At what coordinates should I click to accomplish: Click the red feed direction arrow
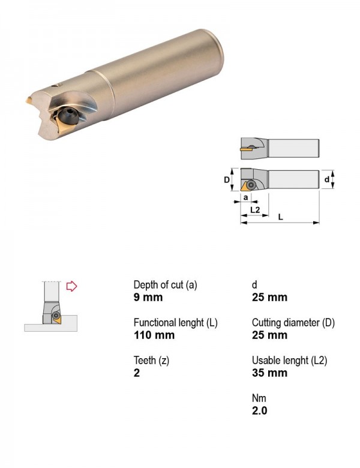(71, 286)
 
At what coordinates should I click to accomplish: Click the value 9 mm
(148, 298)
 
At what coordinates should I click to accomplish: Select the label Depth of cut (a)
(166, 285)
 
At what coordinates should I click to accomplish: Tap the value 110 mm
(154, 335)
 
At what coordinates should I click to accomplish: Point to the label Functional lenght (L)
(176, 323)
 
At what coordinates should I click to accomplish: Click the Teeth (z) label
(151, 361)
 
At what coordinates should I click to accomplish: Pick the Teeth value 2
(137, 373)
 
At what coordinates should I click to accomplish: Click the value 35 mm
(269, 373)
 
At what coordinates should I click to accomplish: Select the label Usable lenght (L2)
(290, 361)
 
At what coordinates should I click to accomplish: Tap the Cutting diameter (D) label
(293, 323)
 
